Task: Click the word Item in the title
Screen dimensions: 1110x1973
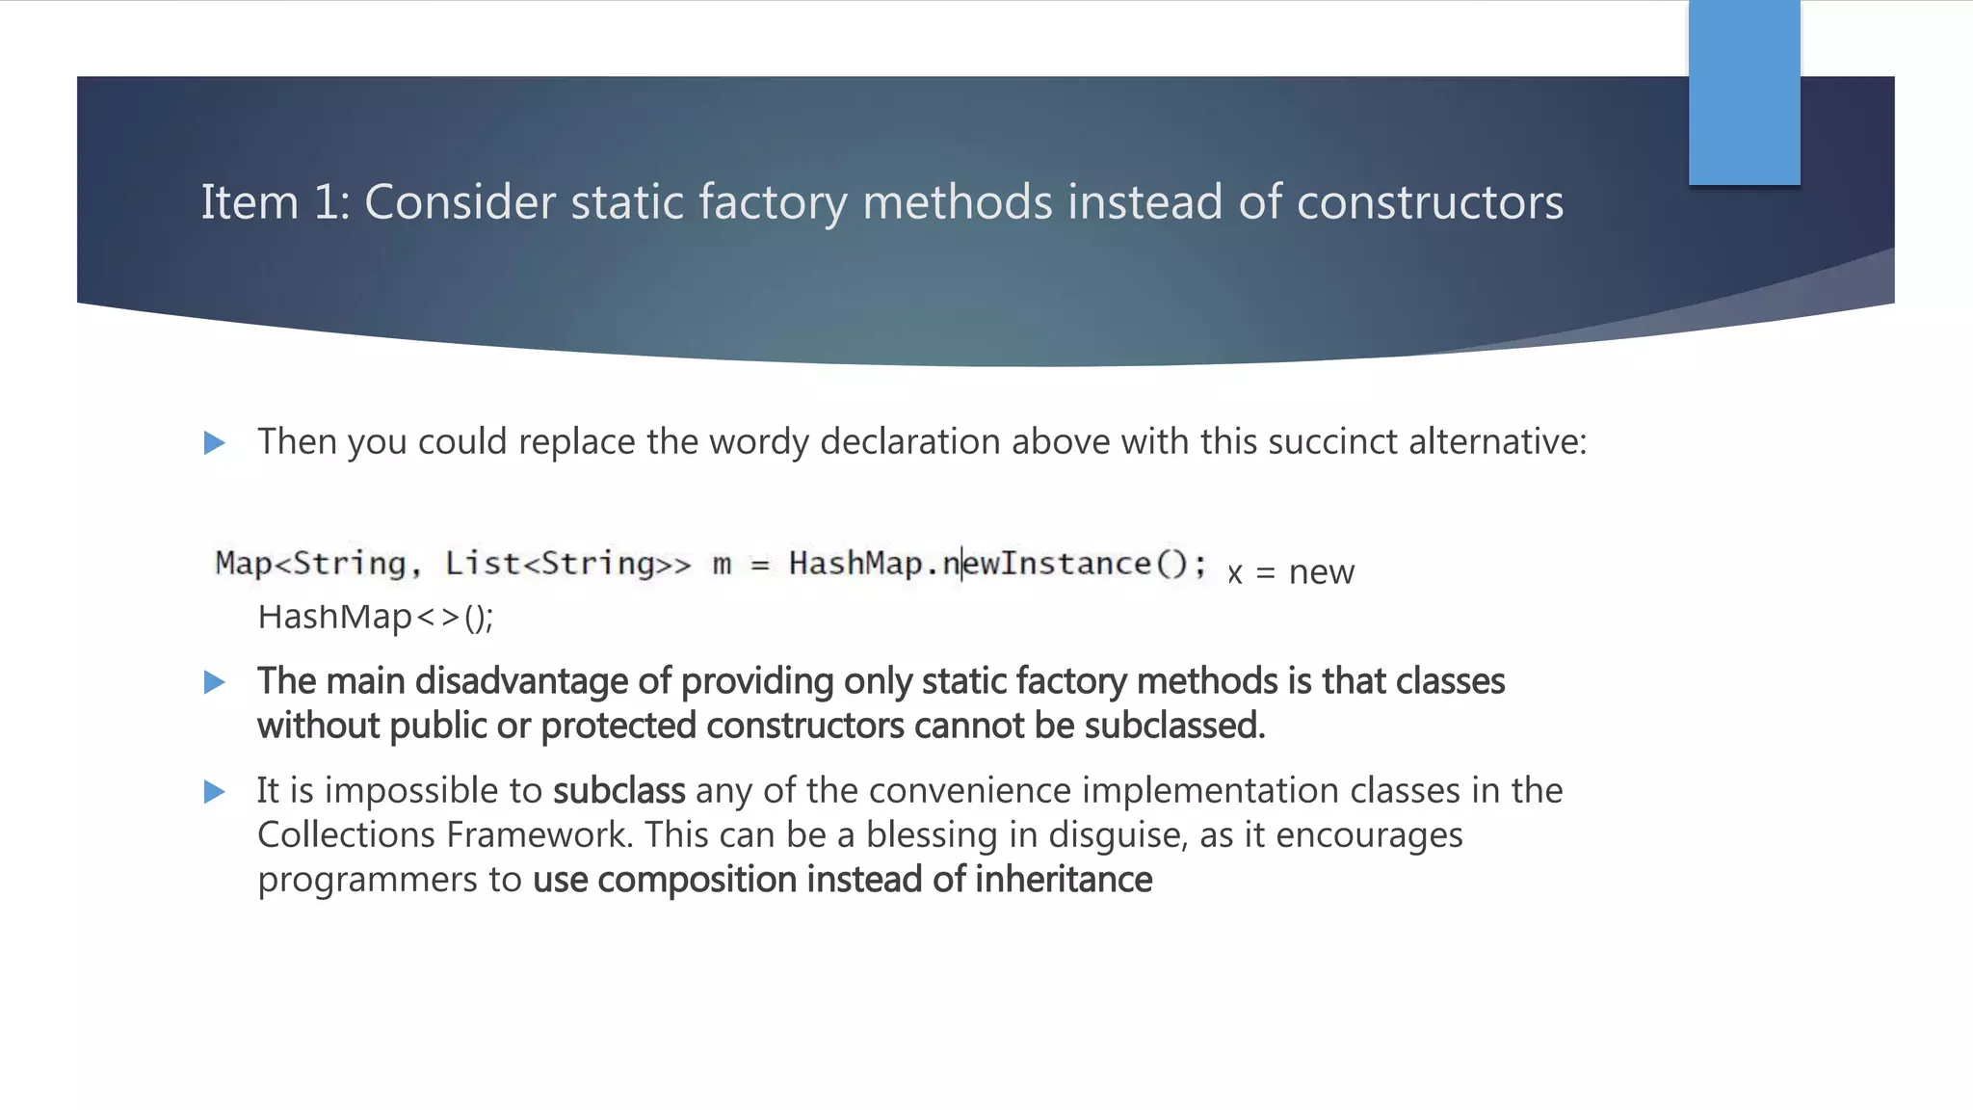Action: [x=249, y=203]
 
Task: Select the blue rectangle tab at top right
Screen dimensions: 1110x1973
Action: [x=1744, y=92]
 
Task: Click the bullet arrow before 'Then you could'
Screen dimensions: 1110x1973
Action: [x=215, y=443]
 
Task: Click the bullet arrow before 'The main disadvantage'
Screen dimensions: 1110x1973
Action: [x=215, y=683]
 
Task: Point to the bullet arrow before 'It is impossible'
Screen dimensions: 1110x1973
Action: [x=215, y=792]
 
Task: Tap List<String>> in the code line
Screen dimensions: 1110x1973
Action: [x=567, y=564]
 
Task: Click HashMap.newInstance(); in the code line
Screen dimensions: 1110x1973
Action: [x=997, y=564]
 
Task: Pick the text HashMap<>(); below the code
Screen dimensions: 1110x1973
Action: [x=375, y=618]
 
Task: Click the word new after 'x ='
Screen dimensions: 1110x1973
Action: [x=1321, y=572]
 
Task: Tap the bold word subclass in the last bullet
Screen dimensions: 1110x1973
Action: [x=618, y=791]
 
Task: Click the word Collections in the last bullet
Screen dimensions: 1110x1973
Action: [x=346, y=835]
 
